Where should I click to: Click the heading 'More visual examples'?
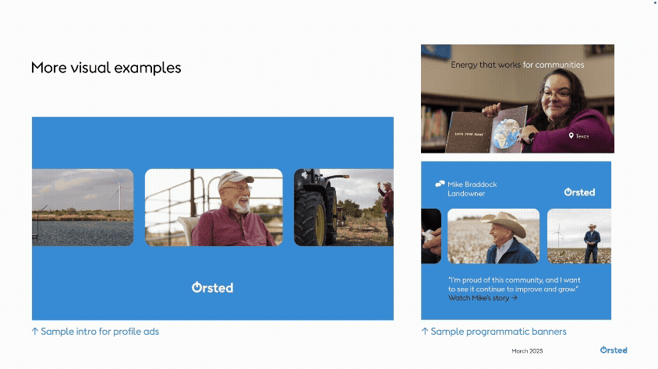106,68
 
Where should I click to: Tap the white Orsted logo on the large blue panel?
212,287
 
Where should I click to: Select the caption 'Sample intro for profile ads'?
95,332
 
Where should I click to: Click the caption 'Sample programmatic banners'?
493,332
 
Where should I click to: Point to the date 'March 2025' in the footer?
527,351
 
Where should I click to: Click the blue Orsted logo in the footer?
614,350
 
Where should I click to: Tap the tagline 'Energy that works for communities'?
517,65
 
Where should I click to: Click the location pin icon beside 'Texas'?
571,135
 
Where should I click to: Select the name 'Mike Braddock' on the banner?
472,184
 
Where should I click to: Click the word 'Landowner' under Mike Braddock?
466,193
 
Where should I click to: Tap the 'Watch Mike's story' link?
483,297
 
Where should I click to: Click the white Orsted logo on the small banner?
579,192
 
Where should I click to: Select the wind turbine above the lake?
118,187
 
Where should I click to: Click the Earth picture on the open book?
511,130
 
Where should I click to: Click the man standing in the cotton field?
592,244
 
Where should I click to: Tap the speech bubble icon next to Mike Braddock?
440,184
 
